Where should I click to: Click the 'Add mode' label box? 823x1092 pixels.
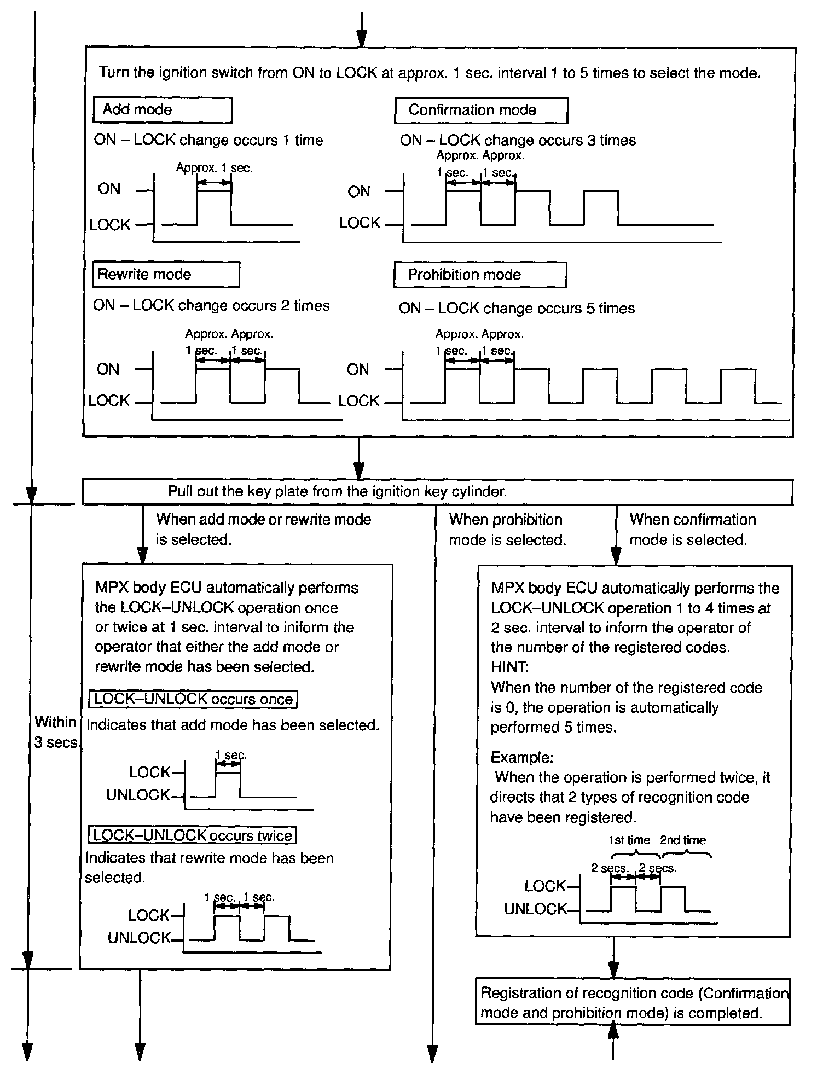coord(163,110)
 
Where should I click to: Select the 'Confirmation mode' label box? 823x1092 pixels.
coord(480,111)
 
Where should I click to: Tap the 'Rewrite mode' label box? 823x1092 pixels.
coord(166,275)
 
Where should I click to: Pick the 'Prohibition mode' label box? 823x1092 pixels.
coord(479,275)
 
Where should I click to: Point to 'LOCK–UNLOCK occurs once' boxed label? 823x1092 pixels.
coord(193,699)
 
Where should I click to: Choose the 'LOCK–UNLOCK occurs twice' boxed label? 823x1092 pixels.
coord(192,835)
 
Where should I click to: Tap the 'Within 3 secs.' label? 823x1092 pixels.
coord(56,733)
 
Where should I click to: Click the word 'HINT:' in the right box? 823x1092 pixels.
coord(509,667)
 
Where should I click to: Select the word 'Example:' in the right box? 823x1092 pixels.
coord(522,757)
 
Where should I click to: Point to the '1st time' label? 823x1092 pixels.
coord(629,840)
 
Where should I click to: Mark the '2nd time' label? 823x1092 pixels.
coord(682,840)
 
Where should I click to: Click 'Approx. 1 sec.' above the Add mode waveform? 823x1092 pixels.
coord(214,168)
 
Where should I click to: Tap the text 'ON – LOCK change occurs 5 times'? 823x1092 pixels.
coord(517,309)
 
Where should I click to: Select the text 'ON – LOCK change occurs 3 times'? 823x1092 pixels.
coord(518,141)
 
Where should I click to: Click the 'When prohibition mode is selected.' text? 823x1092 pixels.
coord(507,530)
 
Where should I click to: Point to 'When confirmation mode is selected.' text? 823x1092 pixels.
coord(692,530)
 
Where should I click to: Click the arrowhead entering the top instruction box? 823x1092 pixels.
coord(361,39)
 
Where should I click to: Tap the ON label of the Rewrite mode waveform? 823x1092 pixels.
coord(108,369)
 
